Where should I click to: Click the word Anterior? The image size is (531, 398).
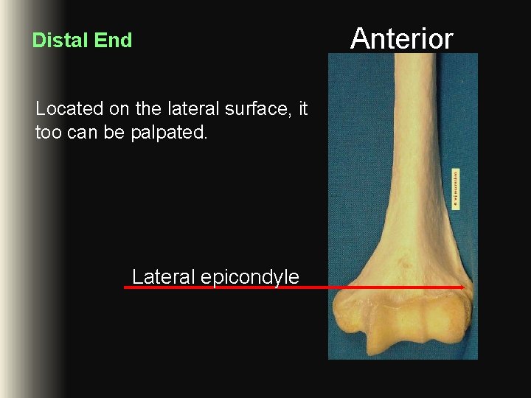coord(402,38)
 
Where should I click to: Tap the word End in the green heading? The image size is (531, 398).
coord(114,41)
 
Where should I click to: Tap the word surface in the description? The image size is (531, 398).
coord(257,109)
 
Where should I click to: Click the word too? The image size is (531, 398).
coord(46,133)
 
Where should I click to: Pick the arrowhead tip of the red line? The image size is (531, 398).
coord(462,287)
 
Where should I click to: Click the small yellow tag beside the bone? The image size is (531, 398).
coord(456,188)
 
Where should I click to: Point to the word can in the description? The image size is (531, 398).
coord(74,133)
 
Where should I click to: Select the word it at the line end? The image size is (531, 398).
coord(302,109)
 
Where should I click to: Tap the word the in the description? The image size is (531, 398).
coord(148,109)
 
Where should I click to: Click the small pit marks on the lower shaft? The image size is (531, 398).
coord(403,259)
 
